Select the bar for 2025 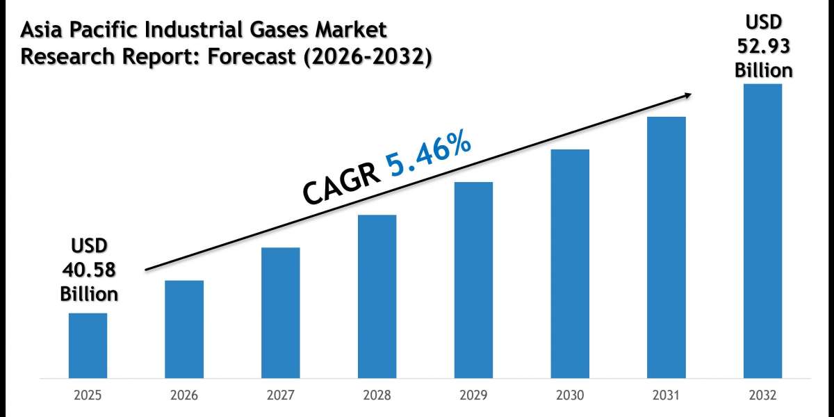[x=88, y=346]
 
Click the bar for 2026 [x=184, y=329]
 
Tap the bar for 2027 [x=281, y=313]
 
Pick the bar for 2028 [x=377, y=297]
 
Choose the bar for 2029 [x=473, y=281]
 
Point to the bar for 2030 [x=570, y=264]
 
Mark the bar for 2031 [x=667, y=248]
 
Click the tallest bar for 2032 [x=762, y=231]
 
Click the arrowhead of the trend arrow [x=687, y=95]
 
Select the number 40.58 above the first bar [x=88, y=270]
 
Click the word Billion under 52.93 [x=763, y=69]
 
